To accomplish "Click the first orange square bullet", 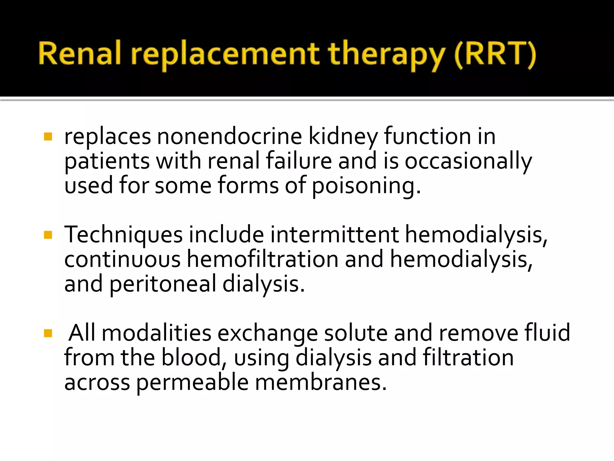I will [x=48, y=137].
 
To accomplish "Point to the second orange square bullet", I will [x=48, y=235].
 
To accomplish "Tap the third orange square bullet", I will [x=48, y=333].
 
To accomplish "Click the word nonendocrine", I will [x=229, y=137].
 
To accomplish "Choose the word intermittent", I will [x=335, y=234].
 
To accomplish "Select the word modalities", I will [x=156, y=333].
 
